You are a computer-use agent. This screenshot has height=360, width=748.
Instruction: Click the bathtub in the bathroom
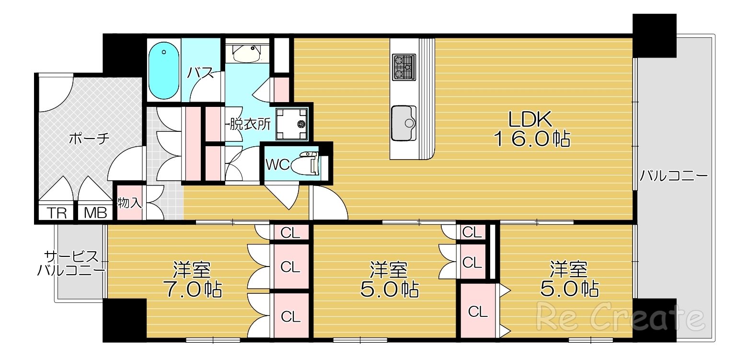pyautogui.click(x=163, y=70)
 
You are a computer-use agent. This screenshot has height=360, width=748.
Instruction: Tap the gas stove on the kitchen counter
pyautogui.click(x=404, y=67)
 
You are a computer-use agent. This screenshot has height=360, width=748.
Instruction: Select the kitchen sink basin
pyautogui.click(x=404, y=123)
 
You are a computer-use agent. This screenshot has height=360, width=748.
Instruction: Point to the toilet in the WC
pyautogui.click(x=304, y=163)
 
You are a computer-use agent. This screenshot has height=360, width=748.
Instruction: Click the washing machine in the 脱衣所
pyautogui.click(x=291, y=124)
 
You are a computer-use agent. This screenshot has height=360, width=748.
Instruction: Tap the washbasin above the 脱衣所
pyautogui.click(x=246, y=53)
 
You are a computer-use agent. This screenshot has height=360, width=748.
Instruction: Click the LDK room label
pyautogui.click(x=530, y=119)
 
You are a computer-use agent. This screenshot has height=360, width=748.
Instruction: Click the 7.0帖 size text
pyautogui.click(x=192, y=289)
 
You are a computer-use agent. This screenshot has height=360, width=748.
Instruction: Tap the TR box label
pyautogui.click(x=57, y=213)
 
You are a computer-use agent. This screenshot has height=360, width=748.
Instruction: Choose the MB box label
pyautogui.click(x=95, y=213)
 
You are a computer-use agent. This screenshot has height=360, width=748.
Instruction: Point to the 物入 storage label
pyautogui.click(x=130, y=202)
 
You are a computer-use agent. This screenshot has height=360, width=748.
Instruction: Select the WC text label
pyautogui.click(x=277, y=164)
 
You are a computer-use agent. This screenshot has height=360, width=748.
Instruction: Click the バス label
pyautogui.click(x=200, y=72)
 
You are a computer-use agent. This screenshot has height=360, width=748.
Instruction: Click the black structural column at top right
pyautogui.click(x=654, y=35)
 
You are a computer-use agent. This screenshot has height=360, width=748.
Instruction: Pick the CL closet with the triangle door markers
pyautogui.click(x=478, y=311)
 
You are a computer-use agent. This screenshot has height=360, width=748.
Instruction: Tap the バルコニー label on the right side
pyautogui.click(x=674, y=175)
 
